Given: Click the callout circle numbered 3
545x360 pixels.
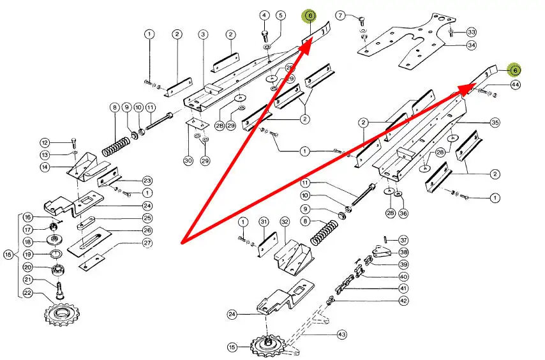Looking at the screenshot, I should [203, 34].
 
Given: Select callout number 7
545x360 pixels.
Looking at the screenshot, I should [340, 15].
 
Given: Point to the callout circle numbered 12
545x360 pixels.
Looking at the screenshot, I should [45, 142].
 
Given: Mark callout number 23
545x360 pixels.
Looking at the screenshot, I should [147, 181].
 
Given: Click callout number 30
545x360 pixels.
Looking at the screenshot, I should [188, 160].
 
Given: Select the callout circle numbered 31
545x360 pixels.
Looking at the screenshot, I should [264, 221].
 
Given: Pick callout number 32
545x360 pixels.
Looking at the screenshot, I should [285, 221].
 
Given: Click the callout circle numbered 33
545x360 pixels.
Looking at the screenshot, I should [472, 32].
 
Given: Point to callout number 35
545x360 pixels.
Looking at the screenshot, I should [495, 121].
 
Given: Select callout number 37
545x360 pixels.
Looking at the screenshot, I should [403, 240].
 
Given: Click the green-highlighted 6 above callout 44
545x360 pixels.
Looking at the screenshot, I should [514, 70].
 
